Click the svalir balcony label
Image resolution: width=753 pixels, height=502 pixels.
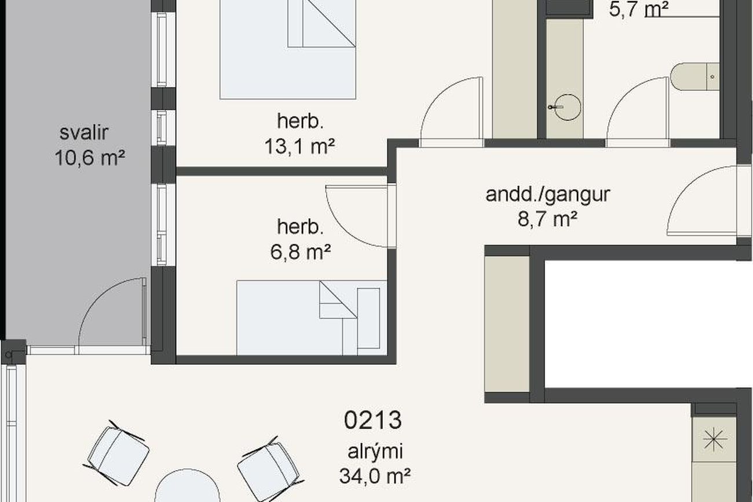pos(84,133)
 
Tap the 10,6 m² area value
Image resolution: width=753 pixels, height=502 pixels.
pos(90,157)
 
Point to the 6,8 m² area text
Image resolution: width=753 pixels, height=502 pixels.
pos(301,252)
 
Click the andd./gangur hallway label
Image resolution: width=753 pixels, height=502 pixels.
pos(547,195)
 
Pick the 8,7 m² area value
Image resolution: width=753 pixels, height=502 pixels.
pos(547,219)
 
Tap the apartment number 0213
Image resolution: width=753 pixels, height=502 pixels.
pos(373,420)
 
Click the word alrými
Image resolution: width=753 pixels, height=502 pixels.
pos(375,452)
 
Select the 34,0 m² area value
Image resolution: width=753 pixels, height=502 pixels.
pos(375,476)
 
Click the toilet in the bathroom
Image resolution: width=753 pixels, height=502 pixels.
pos(694,76)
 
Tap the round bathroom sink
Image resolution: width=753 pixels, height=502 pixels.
pos(567,107)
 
